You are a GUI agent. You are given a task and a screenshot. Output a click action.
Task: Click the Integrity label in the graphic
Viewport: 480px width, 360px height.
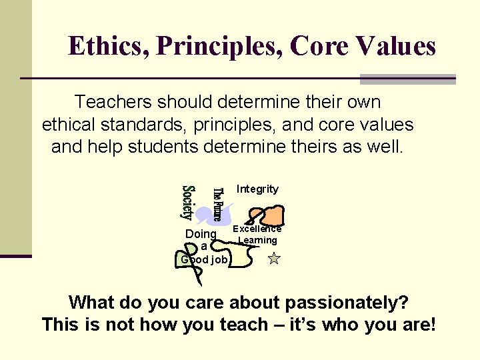(257, 189)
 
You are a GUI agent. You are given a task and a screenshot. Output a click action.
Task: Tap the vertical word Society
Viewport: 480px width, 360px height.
(188, 202)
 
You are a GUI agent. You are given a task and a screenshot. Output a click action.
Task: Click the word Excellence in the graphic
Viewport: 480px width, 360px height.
(257, 228)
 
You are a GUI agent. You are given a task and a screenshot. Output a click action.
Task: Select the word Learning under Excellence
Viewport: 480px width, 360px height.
(257, 240)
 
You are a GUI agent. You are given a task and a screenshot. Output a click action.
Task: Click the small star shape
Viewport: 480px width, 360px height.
(273, 259)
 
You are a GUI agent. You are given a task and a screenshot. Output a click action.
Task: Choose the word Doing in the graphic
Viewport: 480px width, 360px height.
(200, 234)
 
